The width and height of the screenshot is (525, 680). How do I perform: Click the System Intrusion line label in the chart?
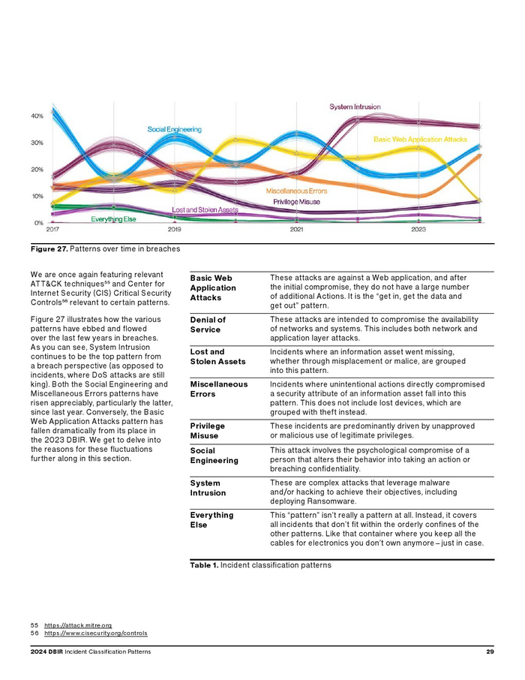tap(355, 107)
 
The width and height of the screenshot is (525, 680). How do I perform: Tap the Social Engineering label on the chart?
tap(174, 129)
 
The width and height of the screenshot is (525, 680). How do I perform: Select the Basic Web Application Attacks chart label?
tap(420, 140)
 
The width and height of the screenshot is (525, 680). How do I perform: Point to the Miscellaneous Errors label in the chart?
tap(296, 191)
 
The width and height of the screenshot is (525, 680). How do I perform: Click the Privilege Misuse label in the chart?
tap(296, 201)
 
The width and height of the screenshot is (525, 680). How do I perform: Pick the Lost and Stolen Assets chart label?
tap(205, 209)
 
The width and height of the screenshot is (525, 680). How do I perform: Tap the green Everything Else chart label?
tap(113, 219)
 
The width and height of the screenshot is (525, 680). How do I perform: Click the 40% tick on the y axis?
tap(37, 116)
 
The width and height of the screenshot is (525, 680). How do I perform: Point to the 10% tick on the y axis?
tap(37, 196)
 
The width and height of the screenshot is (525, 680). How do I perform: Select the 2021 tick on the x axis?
tap(297, 230)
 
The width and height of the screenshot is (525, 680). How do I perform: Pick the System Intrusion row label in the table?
tap(208, 488)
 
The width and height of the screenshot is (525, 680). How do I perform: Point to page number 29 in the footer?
tap(490, 651)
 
